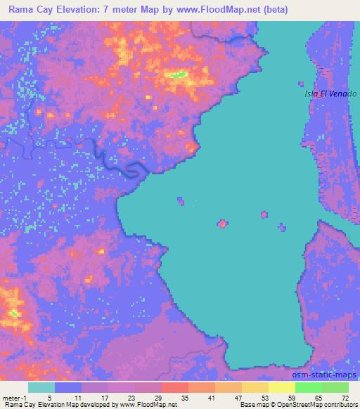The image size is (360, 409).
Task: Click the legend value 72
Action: tap(344, 397)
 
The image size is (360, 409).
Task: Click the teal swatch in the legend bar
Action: tap(41, 387)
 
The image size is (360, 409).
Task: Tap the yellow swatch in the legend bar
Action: tap(281, 387)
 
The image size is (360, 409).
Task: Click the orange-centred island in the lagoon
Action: tap(223, 223)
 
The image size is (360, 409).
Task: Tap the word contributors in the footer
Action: tap(341, 405)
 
